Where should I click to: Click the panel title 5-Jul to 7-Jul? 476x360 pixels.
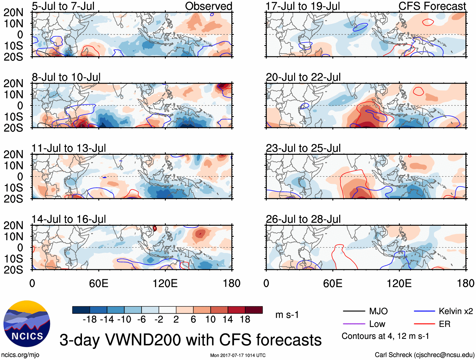(x=63, y=6)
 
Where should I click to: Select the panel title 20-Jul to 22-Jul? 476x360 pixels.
(x=303, y=77)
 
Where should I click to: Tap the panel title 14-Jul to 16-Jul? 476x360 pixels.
(x=69, y=219)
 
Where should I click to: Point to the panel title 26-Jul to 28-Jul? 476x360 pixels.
(x=303, y=219)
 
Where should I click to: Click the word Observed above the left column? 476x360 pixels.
(x=208, y=6)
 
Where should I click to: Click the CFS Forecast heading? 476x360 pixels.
(x=432, y=6)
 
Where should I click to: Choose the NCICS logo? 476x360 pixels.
(x=27, y=324)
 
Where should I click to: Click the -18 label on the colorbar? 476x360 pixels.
(x=90, y=320)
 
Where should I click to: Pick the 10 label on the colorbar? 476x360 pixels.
(x=210, y=320)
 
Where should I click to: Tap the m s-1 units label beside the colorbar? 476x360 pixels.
(x=287, y=315)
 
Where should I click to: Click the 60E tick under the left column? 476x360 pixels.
(x=99, y=283)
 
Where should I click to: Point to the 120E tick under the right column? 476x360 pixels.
(x=399, y=283)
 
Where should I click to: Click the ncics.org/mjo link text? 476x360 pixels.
(x=20, y=355)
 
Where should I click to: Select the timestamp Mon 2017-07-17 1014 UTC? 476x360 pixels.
(x=238, y=355)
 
